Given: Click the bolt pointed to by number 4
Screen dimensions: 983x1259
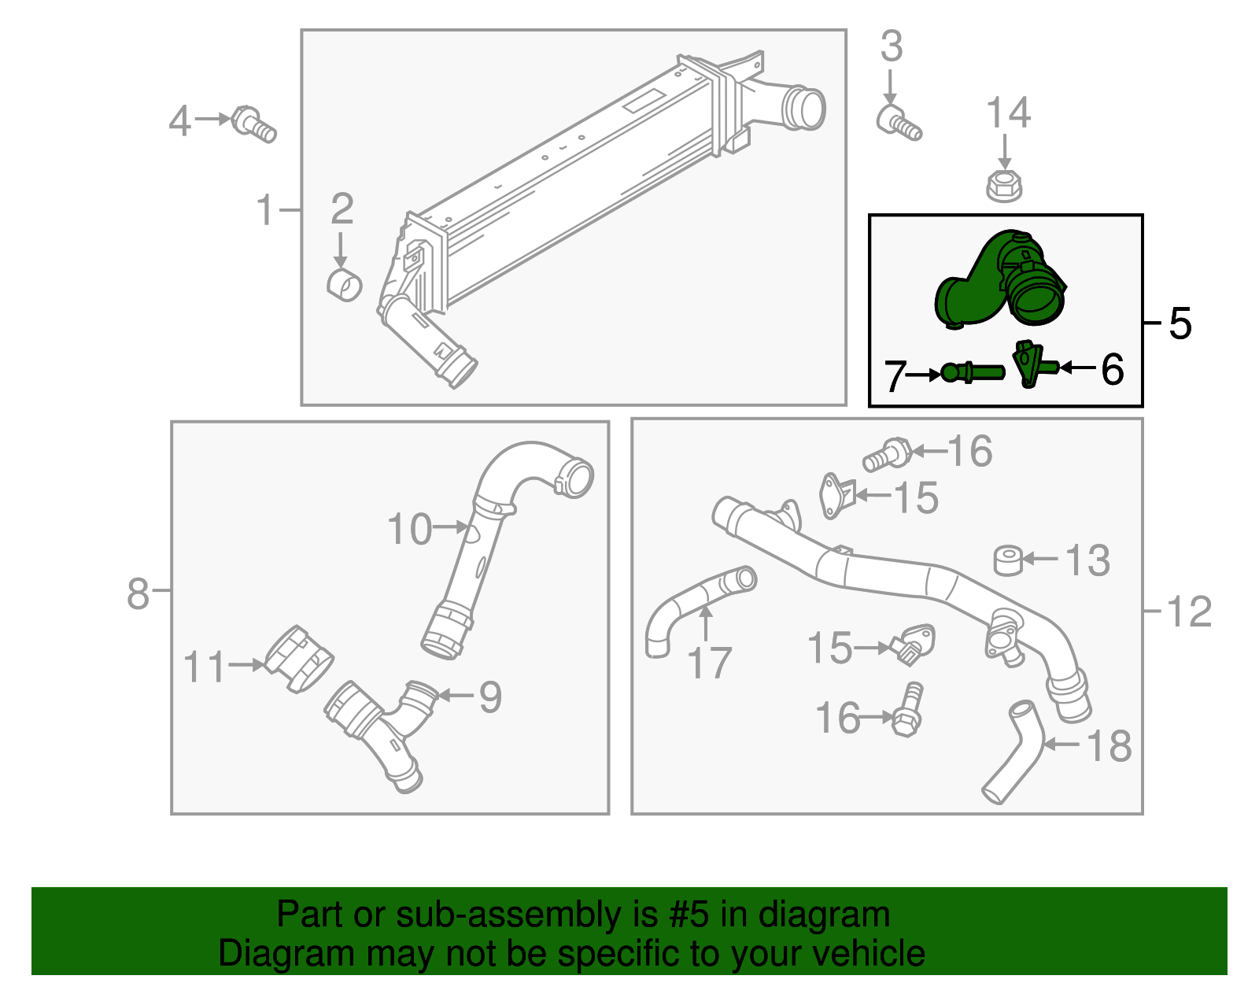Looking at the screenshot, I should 254,124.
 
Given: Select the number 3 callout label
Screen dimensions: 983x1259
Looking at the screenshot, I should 891,47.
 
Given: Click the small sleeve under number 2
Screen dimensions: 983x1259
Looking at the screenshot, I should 344,284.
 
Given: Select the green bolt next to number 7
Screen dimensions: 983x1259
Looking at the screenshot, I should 972,372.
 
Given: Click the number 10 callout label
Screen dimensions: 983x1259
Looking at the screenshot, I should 409,529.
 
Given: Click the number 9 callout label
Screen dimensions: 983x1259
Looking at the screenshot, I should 490,697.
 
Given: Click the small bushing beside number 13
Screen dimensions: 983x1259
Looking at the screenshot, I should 1008,560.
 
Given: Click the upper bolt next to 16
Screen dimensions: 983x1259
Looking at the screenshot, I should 888,455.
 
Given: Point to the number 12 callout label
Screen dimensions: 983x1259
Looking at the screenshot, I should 1189,612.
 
